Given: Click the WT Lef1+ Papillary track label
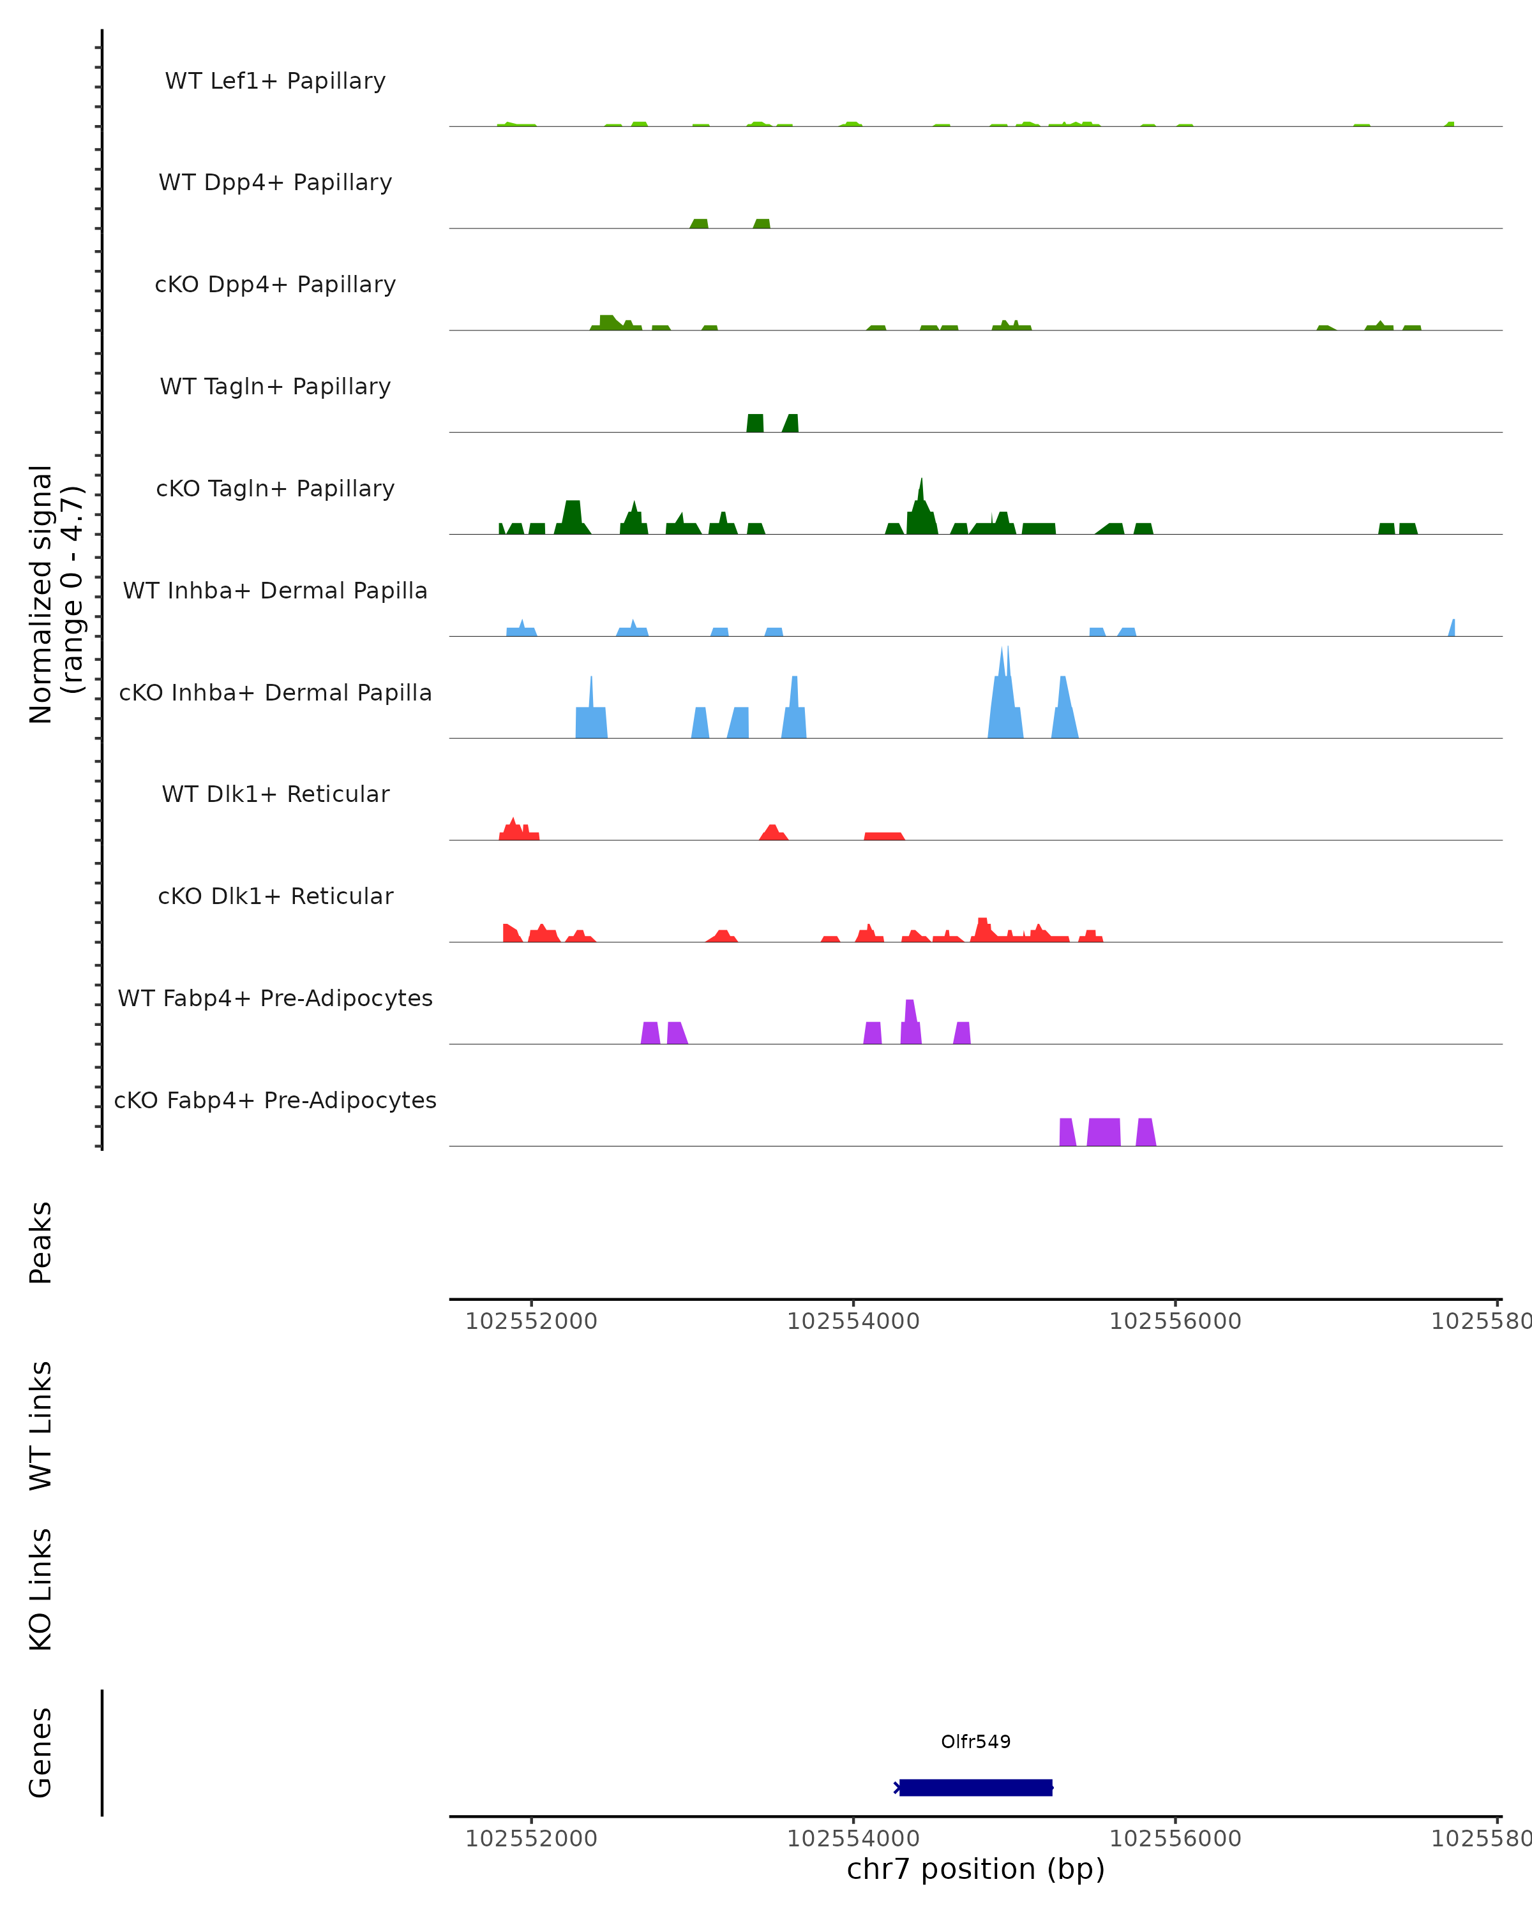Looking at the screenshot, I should pos(275,81).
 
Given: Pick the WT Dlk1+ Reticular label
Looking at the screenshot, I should pos(275,794).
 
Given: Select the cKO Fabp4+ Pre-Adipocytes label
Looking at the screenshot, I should pos(275,1100).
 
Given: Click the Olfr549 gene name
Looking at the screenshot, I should pos(975,1742).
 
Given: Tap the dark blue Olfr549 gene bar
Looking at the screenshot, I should pos(975,1787).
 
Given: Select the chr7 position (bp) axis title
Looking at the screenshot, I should pos(975,1869).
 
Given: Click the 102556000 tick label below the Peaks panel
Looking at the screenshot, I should pos(1175,1321).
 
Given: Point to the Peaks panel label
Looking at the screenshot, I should pos(41,1242).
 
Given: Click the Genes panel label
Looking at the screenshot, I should pos(41,1753).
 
